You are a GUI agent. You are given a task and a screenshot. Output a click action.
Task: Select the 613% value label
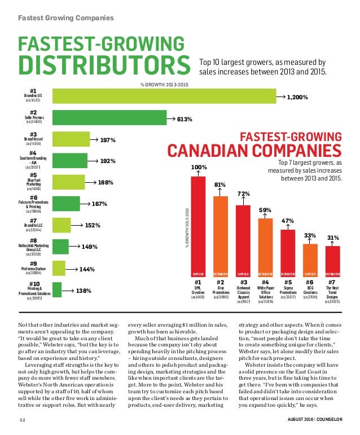tap(183, 119)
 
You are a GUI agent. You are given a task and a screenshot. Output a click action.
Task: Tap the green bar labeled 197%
tap(71, 140)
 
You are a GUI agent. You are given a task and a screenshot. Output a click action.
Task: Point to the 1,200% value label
tap(297, 97)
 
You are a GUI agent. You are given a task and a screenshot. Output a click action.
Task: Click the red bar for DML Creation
tap(197, 223)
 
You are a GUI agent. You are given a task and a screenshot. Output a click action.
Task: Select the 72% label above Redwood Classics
tap(243, 194)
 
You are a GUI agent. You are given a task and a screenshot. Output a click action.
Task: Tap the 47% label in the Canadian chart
tap(288, 221)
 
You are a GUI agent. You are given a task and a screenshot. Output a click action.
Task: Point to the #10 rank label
tap(34, 284)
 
